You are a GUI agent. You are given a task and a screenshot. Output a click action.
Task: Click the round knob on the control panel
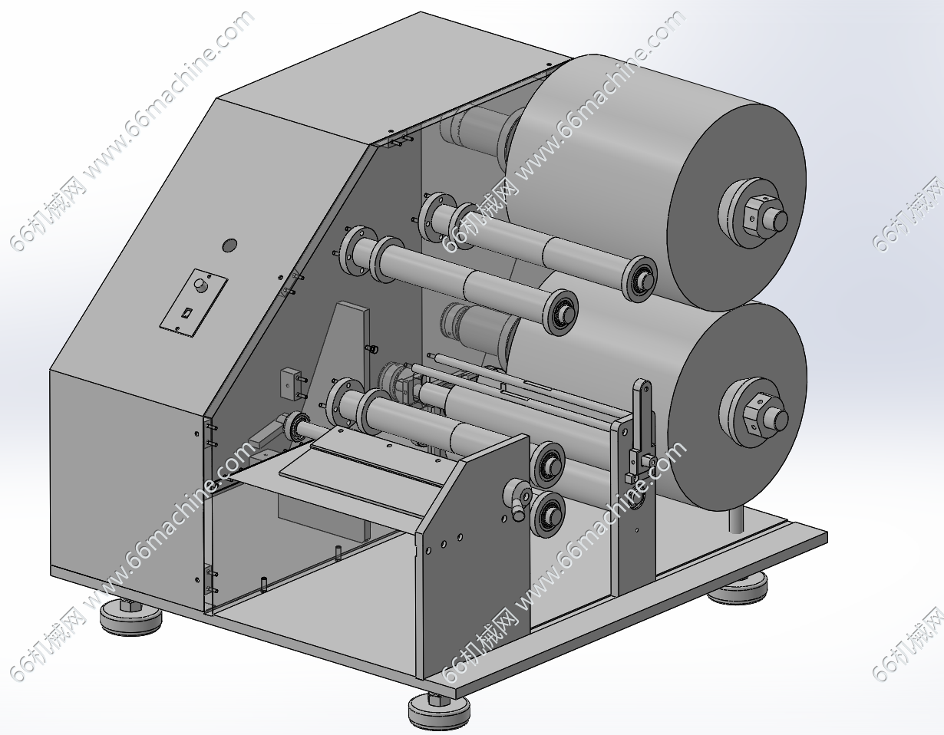[200, 285]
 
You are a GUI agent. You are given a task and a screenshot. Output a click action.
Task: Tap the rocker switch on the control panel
[186, 312]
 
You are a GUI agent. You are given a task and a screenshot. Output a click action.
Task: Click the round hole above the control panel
[229, 245]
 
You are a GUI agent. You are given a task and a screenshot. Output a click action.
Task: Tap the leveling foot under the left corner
[130, 615]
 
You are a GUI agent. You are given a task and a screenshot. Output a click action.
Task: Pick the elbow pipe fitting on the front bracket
[518, 499]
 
